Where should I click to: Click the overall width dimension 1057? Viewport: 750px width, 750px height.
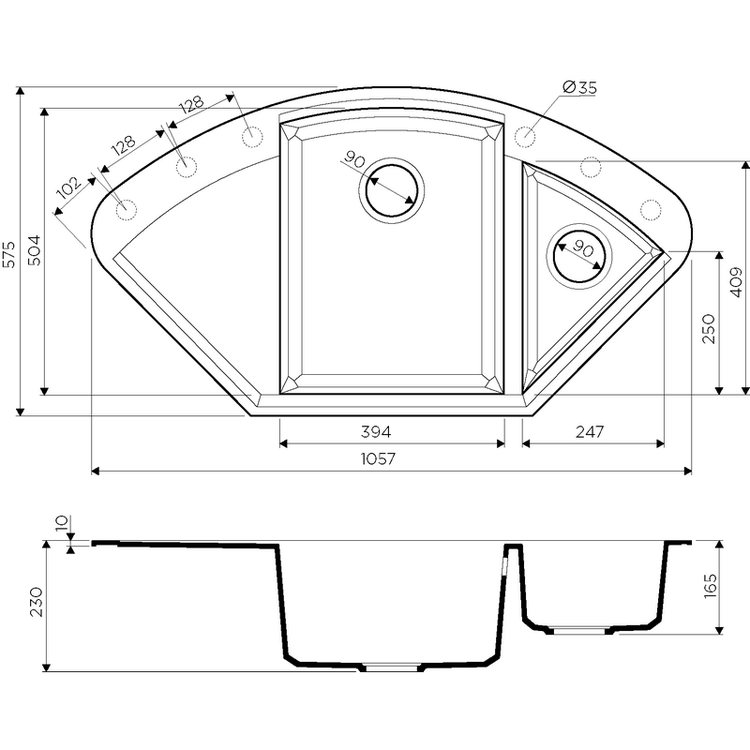point(378,458)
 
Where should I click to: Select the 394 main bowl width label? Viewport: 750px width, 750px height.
point(376,432)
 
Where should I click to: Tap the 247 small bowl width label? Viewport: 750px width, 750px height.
point(590,432)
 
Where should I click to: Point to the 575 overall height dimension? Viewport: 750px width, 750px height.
point(9,254)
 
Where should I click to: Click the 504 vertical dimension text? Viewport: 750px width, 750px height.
point(35,250)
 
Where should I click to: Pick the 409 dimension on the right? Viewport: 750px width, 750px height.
point(737,282)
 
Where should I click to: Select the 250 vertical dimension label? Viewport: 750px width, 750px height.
point(709,329)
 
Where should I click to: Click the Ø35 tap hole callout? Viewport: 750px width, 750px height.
point(579,88)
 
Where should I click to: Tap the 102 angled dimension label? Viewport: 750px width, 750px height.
point(69,187)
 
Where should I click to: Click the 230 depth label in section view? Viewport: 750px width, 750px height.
point(37,602)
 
